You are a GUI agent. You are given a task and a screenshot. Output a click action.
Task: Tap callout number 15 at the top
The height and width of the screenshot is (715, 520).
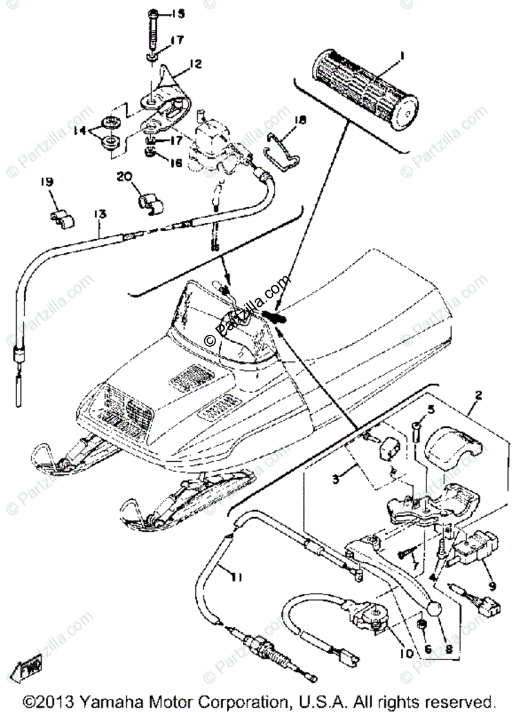coord(161,13)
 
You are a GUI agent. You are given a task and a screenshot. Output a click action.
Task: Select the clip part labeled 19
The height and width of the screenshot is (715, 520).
coord(62,218)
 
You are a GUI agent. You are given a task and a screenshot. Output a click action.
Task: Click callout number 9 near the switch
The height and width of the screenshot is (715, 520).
coord(492,586)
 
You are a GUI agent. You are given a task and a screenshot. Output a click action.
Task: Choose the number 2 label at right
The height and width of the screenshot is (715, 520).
coord(478,394)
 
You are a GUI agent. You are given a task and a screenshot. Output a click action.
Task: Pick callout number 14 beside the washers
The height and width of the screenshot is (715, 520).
coord(79,130)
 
